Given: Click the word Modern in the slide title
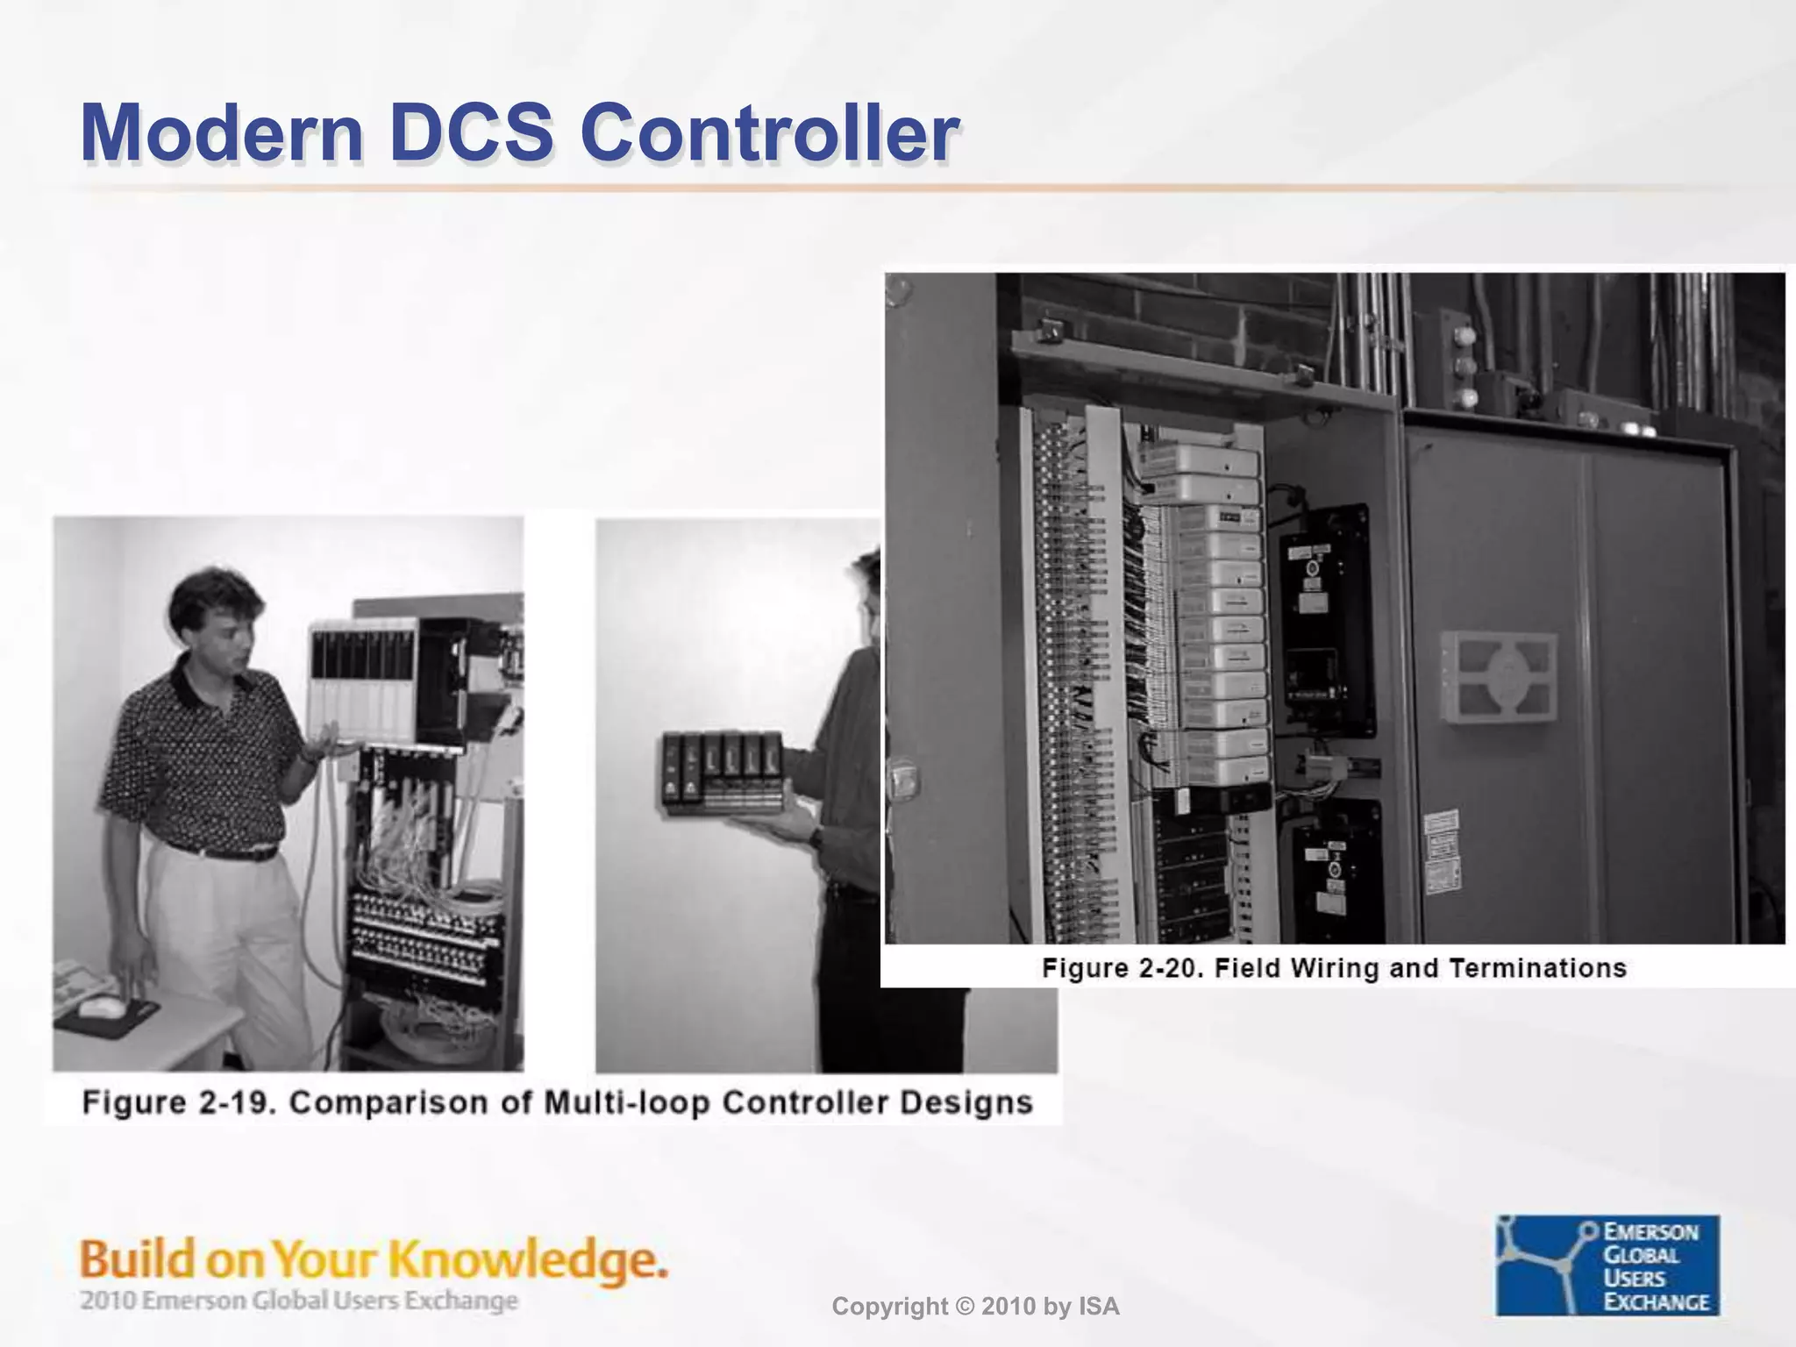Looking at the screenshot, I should pyautogui.click(x=221, y=133).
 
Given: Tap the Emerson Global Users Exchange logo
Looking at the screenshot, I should pyautogui.click(x=1607, y=1265).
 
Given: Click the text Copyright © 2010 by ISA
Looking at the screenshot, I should pyautogui.click(x=975, y=1307).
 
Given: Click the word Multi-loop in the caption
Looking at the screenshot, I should pyautogui.click(x=626, y=1102).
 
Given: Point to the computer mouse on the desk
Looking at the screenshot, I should pyautogui.click(x=102, y=1008).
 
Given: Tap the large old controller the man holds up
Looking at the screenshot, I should pyautogui.click(x=364, y=680).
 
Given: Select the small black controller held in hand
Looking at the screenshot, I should pyautogui.click(x=721, y=772).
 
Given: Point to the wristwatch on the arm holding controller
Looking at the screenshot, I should pyautogui.click(x=816, y=836).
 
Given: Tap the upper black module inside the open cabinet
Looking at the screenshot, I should pyautogui.click(x=1324, y=618).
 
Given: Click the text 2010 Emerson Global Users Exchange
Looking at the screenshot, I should pyautogui.click(x=298, y=1300).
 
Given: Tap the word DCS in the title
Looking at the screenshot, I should pyautogui.click(x=471, y=133).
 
